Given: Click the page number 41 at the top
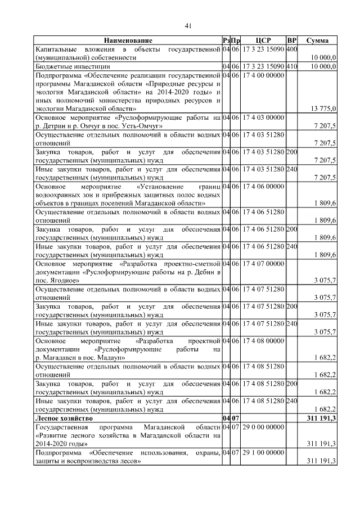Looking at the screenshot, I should (188, 24).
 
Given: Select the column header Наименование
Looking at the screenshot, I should (127, 41).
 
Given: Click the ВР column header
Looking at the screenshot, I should (291, 41).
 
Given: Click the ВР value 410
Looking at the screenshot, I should (291, 66).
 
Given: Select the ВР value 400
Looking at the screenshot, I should (291, 49).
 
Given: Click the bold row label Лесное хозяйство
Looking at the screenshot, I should (65, 419).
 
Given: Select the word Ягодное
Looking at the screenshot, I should (62, 280).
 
